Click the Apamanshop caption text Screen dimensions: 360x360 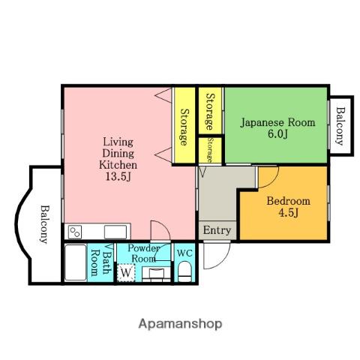(x=180, y=324)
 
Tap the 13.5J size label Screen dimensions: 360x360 (x=118, y=177)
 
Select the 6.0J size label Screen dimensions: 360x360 (x=277, y=134)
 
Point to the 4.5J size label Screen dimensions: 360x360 (x=288, y=213)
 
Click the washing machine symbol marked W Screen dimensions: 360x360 (x=126, y=272)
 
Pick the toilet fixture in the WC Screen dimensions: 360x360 (x=184, y=271)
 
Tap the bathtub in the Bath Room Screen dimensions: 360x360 (x=76, y=262)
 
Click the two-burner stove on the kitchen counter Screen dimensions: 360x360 (x=75, y=232)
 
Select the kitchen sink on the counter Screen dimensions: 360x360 (x=115, y=232)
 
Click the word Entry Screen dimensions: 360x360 (x=217, y=230)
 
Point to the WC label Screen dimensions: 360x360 (x=184, y=253)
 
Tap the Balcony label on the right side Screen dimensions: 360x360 (x=340, y=126)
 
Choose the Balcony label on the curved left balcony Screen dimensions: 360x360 (x=44, y=224)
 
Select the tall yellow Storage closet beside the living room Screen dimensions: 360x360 (x=184, y=125)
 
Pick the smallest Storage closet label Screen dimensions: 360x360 (x=210, y=150)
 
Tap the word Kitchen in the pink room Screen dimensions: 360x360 (x=118, y=165)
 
